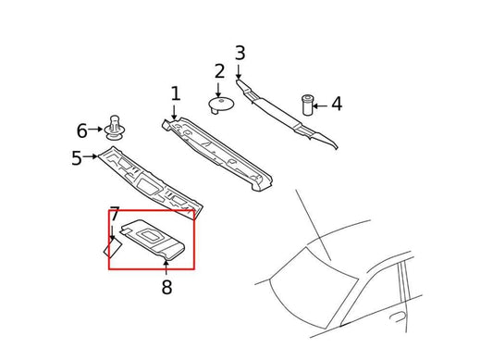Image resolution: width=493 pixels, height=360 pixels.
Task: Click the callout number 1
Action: (x=175, y=93)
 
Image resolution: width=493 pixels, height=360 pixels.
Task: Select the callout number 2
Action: (x=219, y=71)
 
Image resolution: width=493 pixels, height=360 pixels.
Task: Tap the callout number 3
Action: (x=240, y=53)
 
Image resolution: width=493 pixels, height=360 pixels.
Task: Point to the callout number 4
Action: (x=337, y=104)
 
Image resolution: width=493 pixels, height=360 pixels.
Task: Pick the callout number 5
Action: (x=77, y=158)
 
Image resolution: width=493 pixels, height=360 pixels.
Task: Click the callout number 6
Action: (x=81, y=130)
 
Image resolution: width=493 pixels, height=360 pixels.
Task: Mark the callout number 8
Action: (x=166, y=288)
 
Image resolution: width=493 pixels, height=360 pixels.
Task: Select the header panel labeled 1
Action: (x=220, y=148)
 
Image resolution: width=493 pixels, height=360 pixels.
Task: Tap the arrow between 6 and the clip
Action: (x=98, y=130)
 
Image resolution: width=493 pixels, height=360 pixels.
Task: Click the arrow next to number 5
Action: (x=92, y=158)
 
